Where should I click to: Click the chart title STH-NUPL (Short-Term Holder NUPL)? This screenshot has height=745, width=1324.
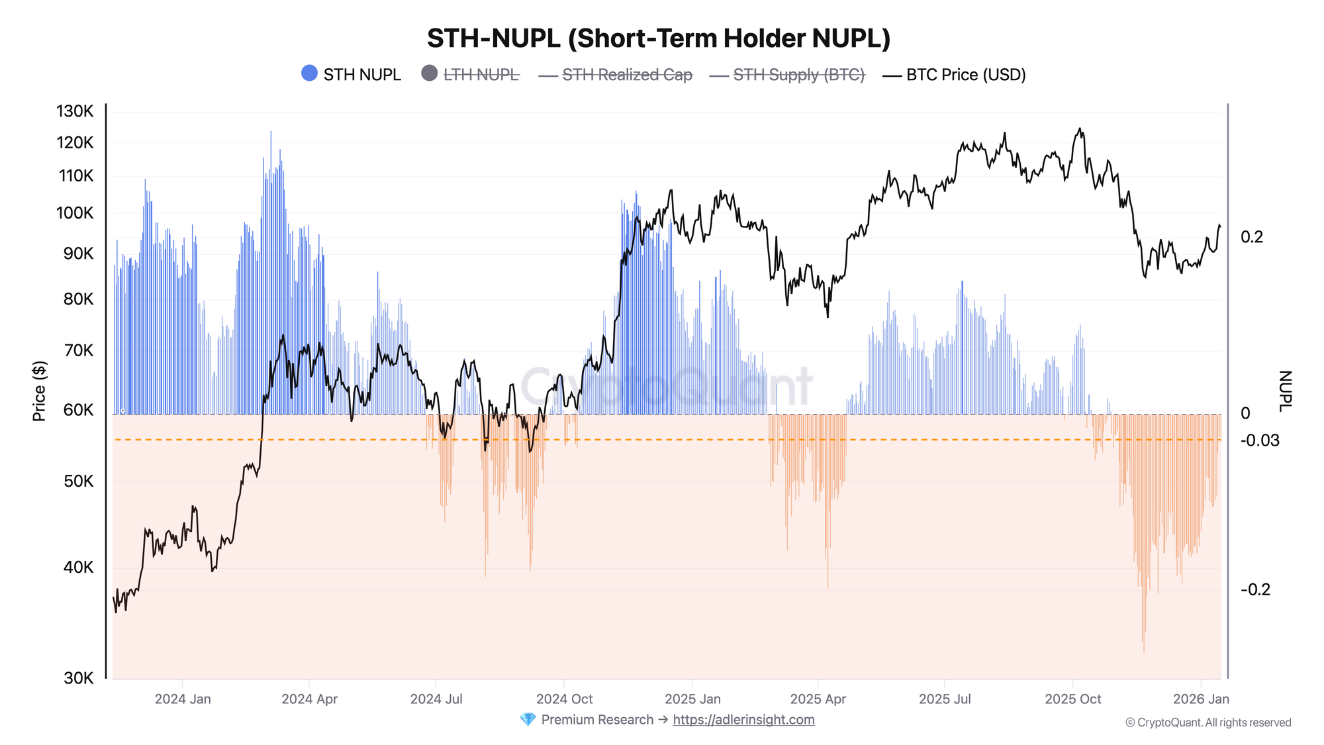(659, 38)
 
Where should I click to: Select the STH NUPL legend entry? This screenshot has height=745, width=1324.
(352, 74)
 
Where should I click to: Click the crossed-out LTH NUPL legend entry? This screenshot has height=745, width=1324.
(471, 74)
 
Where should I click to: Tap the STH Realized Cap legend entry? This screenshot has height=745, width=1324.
(616, 75)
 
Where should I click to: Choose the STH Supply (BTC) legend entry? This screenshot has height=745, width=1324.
(788, 75)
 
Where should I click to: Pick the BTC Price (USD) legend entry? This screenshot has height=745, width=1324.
(955, 75)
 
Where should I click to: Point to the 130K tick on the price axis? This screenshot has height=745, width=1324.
(75, 111)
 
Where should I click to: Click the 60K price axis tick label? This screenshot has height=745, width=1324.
(78, 410)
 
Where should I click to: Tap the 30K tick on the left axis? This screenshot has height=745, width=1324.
(78, 677)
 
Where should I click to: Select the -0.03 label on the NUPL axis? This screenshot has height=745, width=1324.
(1260, 440)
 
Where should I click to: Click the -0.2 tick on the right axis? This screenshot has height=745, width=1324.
(1255, 589)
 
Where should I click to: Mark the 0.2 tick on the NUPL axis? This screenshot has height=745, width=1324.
(1252, 237)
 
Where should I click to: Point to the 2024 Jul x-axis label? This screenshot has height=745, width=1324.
(436, 699)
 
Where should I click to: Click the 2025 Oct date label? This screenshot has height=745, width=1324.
(1073, 699)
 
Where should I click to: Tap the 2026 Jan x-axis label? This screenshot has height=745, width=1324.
(1201, 699)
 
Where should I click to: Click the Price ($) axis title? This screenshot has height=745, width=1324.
(40, 391)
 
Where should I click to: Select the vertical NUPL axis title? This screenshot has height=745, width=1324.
(1284, 391)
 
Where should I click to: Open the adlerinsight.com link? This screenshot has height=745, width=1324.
(743, 720)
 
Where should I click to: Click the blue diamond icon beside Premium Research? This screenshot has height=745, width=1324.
(528, 720)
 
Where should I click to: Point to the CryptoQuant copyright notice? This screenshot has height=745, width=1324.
(1208, 722)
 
